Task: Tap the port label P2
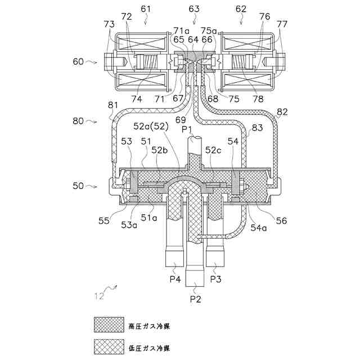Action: (195, 299)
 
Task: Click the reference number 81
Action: (112, 105)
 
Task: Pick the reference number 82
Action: (282, 112)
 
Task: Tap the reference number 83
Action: (257, 128)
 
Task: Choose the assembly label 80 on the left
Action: (80, 120)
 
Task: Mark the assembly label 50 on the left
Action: (80, 184)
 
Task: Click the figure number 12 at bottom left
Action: (99, 295)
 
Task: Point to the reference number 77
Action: (281, 24)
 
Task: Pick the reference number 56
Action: (281, 221)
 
